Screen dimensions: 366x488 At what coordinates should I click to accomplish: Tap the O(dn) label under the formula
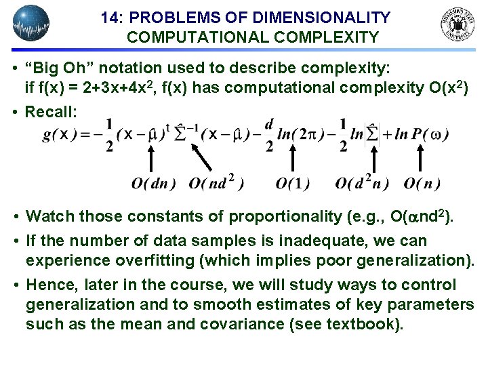[x=154, y=183]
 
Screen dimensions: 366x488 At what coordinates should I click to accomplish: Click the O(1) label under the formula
[x=293, y=183]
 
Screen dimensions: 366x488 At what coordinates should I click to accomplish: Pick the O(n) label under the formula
[x=422, y=183]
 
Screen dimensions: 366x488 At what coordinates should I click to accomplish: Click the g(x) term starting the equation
[x=59, y=135]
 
